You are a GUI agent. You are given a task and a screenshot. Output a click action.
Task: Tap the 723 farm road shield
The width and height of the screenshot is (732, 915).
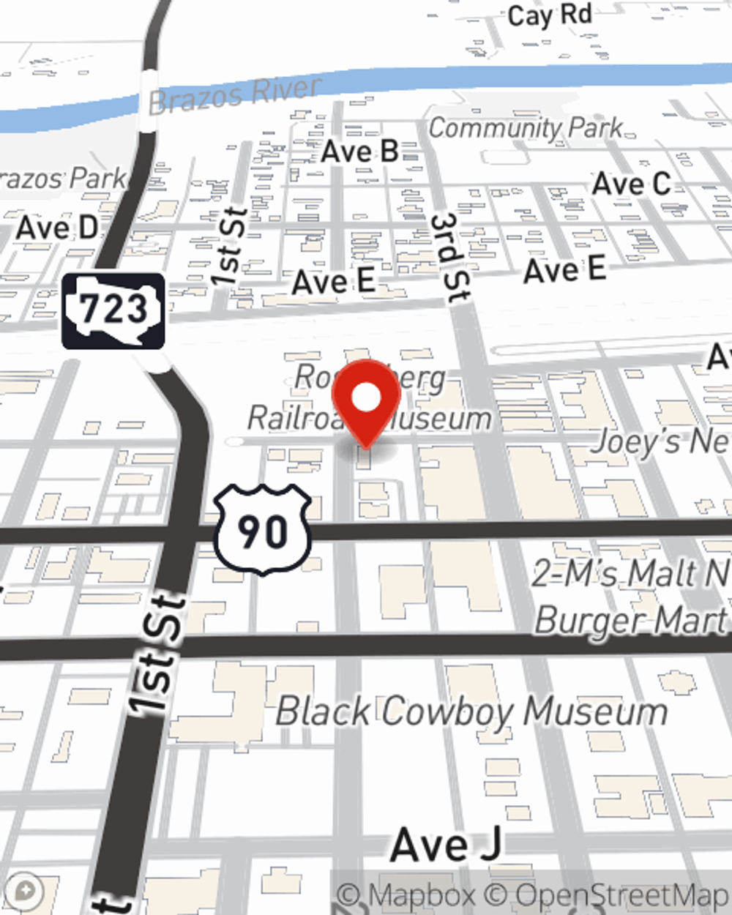click(113, 310)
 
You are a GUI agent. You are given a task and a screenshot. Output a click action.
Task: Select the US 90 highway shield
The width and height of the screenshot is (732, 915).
click(263, 529)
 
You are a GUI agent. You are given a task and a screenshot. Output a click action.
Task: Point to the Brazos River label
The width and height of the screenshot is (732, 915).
click(234, 95)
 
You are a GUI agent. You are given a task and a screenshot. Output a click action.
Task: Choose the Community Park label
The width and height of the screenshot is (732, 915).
click(526, 128)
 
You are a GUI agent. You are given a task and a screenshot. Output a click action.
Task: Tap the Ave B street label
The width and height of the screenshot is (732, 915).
click(359, 152)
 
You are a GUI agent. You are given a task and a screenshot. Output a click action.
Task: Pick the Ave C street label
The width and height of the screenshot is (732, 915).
click(631, 184)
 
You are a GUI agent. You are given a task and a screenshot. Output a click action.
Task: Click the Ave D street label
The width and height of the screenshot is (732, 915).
click(57, 228)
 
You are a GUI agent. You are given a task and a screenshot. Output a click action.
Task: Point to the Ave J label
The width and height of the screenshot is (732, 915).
click(446, 845)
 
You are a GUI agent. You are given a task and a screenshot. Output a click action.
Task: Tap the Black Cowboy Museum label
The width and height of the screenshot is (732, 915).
click(471, 712)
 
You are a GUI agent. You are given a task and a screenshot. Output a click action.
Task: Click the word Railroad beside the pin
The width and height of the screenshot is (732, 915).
click(293, 418)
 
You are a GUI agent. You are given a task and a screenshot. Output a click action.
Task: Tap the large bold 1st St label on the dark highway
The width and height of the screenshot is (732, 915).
click(157, 654)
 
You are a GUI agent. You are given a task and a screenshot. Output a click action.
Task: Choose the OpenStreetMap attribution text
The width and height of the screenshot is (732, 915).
click(621, 895)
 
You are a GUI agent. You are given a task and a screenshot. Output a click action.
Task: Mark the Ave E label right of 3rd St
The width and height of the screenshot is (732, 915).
click(564, 270)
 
